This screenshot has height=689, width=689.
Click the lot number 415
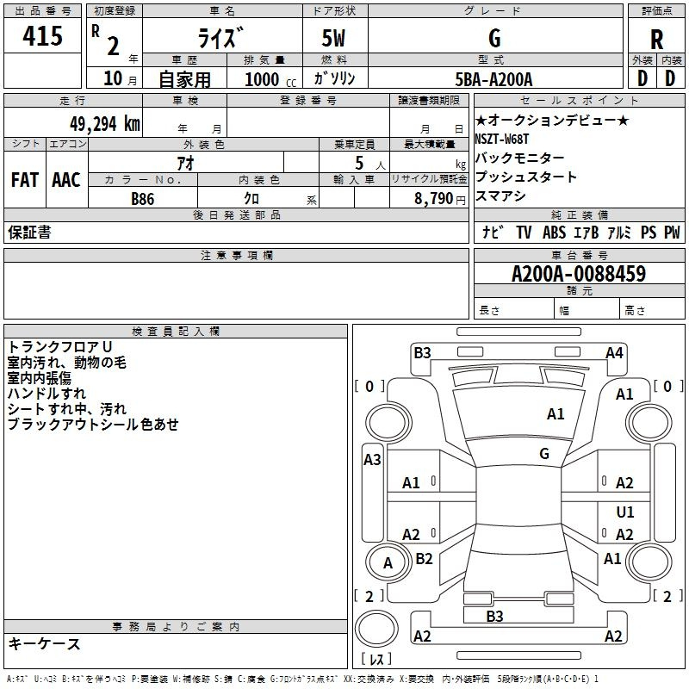pyautogui.click(x=43, y=37)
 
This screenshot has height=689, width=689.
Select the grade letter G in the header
pyautogui.click(x=493, y=38)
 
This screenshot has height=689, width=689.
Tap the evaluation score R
pyautogui.click(x=656, y=39)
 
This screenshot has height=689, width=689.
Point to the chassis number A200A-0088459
pyautogui.click(x=578, y=274)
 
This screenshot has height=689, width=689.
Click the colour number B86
pyautogui.click(x=144, y=198)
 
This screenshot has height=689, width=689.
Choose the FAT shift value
pyautogui.click(x=25, y=180)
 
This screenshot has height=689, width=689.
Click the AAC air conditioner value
pyautogui.click(x=66, y=180)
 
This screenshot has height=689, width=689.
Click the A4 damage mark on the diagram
pyautogui.click(x=614, y=352)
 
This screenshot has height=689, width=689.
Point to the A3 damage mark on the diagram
pyautogui.click(x=372, y=460)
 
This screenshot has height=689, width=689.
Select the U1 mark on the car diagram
pyautogui.click(x=625, y=512)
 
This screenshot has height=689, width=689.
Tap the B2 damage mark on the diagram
pyautogui.click(x=424, y=559)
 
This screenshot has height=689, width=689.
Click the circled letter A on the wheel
pyautogui.click(x=388, y=563)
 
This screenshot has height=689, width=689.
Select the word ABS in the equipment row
pyautogui.click(x=555, y=233)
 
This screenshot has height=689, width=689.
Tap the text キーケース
pyautogui.click(x=44, y=644)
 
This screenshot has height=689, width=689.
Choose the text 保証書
pyautogui.click(x=29, y=233)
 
